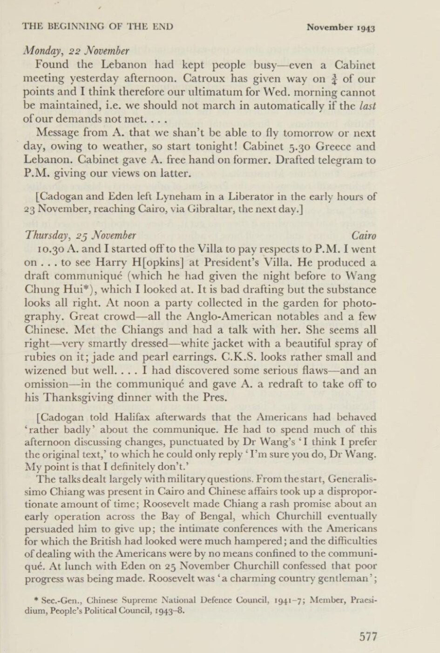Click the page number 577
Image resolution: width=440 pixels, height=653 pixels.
coord(368,636)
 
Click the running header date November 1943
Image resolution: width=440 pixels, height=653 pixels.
coord(341,27)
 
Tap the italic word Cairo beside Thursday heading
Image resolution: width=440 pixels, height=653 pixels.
coord(364,236)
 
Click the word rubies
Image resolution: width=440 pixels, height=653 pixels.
coord(41,357)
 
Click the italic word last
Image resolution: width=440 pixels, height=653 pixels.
coord(367,106)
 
